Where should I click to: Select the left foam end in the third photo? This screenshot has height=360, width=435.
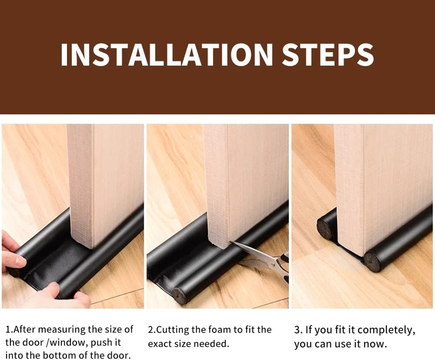(x=325, y=229)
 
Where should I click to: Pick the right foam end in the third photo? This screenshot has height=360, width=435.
(x=372, y=262)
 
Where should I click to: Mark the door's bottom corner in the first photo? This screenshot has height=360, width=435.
(x=93, y=248)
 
